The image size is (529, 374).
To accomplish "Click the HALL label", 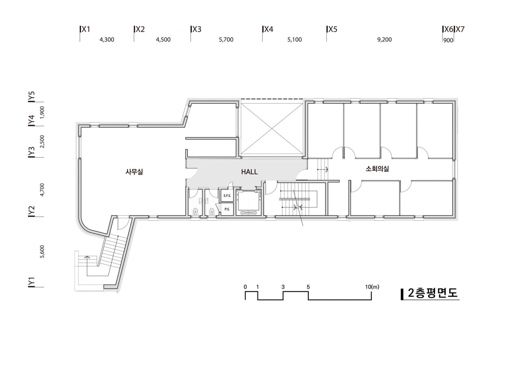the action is pos(249,172).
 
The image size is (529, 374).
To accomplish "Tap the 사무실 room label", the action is pos(134,172).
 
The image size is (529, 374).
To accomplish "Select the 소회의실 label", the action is pos(377,169).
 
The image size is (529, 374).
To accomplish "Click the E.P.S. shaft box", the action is pos(227,195).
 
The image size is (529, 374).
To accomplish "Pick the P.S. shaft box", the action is pos(227,209).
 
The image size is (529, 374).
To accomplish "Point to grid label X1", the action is pos(86,29).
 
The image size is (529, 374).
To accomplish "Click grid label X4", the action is pos(269,29).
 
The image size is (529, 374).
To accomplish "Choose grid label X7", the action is pos(460,29).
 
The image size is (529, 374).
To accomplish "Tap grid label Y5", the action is pos(31,97).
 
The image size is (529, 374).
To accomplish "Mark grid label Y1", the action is pos(31,282).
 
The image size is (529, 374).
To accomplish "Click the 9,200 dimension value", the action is pos(384,40).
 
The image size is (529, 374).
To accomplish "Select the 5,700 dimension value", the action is pos(226,40).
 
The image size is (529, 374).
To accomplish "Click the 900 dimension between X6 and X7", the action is pos(448,41).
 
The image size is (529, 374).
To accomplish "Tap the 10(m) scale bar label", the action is pos(372,287).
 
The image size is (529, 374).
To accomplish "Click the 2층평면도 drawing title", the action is pos(433,294).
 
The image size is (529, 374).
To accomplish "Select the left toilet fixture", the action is pos(195,212).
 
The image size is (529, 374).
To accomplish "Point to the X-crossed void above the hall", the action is pos(272,127).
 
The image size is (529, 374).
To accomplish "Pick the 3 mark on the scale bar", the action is pos(283,287).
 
